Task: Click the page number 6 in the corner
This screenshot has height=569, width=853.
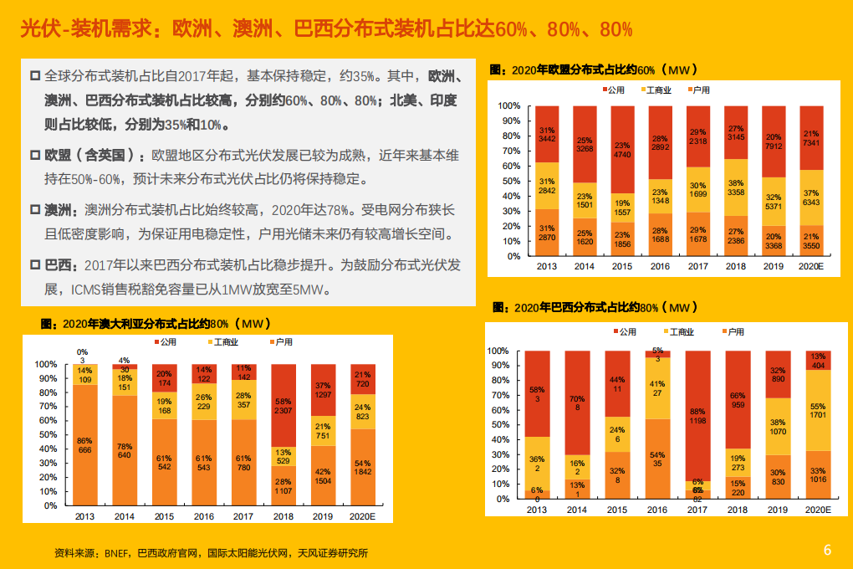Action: click(x=827, y=550)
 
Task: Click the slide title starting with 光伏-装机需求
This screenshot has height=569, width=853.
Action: click(x=326, y=30)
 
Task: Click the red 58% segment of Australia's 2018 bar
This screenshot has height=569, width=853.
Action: click(x=283, y=406)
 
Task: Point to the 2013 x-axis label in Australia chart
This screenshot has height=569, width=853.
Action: click(x=84, y=517)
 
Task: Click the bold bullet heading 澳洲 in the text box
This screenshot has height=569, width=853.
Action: click(x=58, y=212)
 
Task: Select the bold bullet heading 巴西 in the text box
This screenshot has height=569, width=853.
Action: click(x=58, y=265)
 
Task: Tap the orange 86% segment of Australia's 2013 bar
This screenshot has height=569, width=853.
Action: click(x=84, y=445)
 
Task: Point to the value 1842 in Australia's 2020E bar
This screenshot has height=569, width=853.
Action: click(x=363, y=473)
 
